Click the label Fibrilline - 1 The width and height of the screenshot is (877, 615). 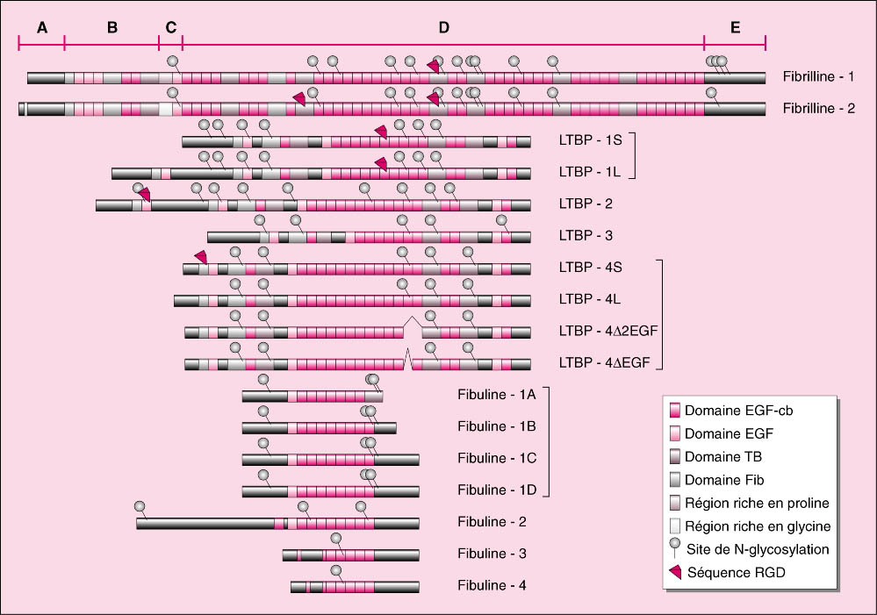click(818, 76)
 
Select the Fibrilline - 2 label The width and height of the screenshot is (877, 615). click(819, 109)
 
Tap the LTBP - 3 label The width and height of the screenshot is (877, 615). click(586, 235)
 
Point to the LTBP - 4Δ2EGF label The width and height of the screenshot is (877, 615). click(608, 331)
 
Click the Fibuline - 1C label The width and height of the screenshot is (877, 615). click(497, 459)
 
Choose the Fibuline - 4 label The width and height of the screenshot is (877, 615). click(492, 585)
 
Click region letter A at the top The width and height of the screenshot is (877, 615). click(42, 27)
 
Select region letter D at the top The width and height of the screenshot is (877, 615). click(443, 27)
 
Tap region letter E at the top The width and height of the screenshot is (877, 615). click(735, 27)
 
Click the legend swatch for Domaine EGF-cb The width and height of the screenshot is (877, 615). click(675, 411)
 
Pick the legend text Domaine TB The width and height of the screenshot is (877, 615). click(723, 457)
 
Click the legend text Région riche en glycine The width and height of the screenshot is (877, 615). click(758, 526)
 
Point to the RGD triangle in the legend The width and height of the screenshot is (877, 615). click(676, 572)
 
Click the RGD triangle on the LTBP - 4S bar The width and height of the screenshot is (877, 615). click(201, 257)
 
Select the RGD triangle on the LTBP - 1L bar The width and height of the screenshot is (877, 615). click(381, 164)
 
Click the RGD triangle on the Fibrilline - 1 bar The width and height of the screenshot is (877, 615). click(433, 66)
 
